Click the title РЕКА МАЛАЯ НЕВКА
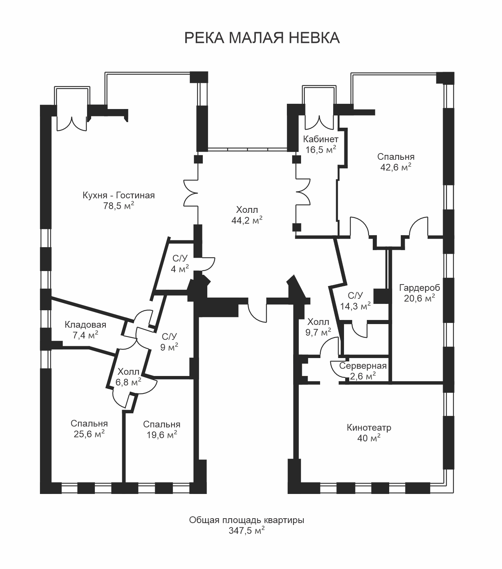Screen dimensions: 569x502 [262, 38]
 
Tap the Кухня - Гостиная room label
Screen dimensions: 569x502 [119, 195]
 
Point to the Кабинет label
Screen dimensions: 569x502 [320, 139]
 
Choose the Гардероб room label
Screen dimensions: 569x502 [419, 288]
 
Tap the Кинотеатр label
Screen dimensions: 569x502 [369, 427]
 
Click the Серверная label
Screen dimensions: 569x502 [363, 366]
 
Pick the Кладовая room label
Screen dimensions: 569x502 [85, 324]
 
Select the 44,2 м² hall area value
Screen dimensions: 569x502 [247, 220]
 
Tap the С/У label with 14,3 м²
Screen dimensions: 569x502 [355, 296]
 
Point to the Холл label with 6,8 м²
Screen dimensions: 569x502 [128, 372]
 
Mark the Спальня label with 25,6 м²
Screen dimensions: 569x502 [89, 423]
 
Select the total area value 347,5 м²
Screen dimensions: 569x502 [247, 531]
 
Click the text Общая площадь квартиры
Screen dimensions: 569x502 [247, 520]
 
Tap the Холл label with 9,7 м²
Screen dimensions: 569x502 [318, 322]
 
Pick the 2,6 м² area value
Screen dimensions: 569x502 [362, 376]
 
